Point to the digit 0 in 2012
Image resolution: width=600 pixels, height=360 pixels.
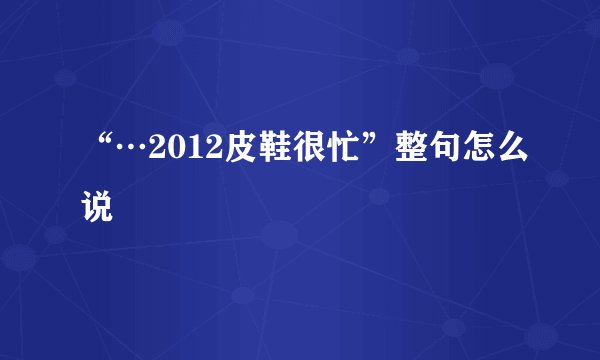[172, 151]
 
